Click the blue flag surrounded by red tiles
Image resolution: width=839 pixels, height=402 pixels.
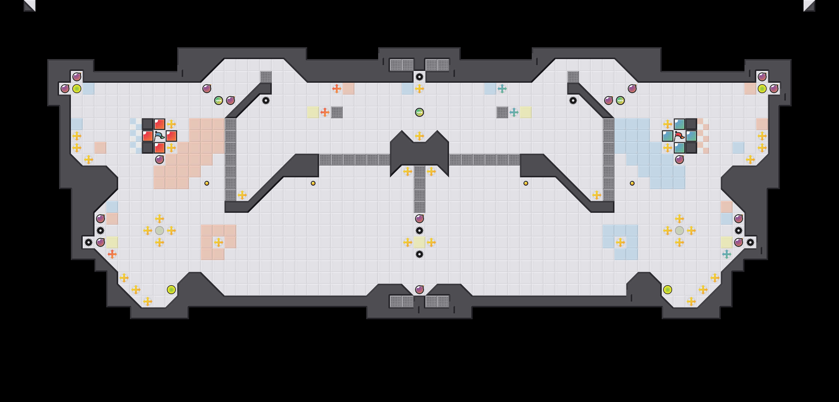tap(159, 136)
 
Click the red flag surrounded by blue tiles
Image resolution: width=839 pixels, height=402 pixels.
tap(679, 136)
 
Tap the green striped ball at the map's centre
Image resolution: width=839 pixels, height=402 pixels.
tap(419, 112)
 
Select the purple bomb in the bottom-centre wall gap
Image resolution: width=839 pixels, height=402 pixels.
tap(419, 290)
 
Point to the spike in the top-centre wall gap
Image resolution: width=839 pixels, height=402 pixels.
tap(419, 77)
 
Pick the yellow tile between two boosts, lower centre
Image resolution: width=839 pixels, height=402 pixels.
tap(419, 242)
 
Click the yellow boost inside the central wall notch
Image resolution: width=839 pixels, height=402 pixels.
tap(419, 136)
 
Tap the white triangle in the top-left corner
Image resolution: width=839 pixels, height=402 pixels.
tap(30, 5)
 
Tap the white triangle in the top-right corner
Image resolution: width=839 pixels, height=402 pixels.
tap(809, 5)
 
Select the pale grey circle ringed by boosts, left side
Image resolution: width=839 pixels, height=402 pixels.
tap(159, 231)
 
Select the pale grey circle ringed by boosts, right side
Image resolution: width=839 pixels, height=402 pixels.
tap(679, 231)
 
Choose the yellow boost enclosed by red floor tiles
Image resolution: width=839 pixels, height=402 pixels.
tap(219, 242)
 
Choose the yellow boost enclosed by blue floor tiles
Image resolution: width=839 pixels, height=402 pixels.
tap(620, 242)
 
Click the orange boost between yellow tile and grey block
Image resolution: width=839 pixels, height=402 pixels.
tap(325, 112)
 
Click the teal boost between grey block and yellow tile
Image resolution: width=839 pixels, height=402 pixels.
tap(514, 112)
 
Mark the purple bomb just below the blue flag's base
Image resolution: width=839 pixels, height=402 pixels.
tap(159, 160)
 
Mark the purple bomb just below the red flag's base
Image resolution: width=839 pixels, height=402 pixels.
tap(679, 160)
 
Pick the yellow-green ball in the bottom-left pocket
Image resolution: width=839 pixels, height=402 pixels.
tap(171, 290)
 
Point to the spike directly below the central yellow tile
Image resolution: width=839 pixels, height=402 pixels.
tap(419, 254)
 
